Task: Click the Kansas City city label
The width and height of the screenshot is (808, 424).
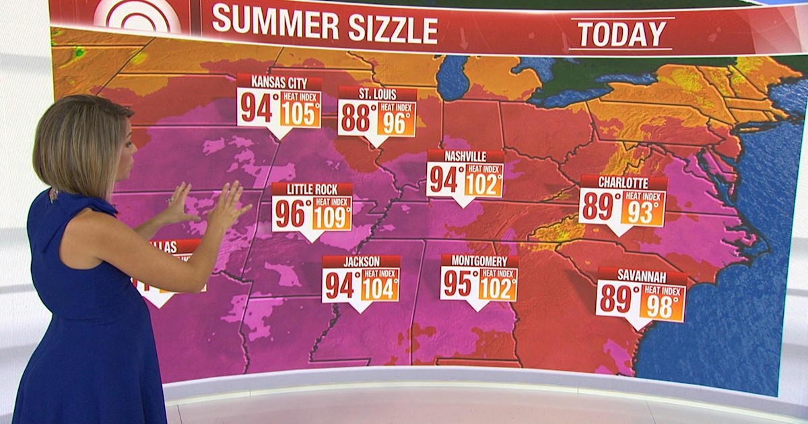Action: coord(279,83)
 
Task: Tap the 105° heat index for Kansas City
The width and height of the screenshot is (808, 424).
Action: coord(300,114)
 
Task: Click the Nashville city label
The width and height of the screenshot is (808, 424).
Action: coord(465,157)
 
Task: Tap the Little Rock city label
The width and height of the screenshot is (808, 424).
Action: coord(312,190)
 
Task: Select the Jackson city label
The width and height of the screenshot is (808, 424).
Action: coord(361,262)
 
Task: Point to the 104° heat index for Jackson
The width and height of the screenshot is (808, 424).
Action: coord(380,288)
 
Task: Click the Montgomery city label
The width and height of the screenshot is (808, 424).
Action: coord(479,260)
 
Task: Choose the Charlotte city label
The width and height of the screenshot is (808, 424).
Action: coord(623,183)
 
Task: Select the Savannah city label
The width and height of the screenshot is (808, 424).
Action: coord(642,277)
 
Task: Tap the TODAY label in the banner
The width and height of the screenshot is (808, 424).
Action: coord(622,33)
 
